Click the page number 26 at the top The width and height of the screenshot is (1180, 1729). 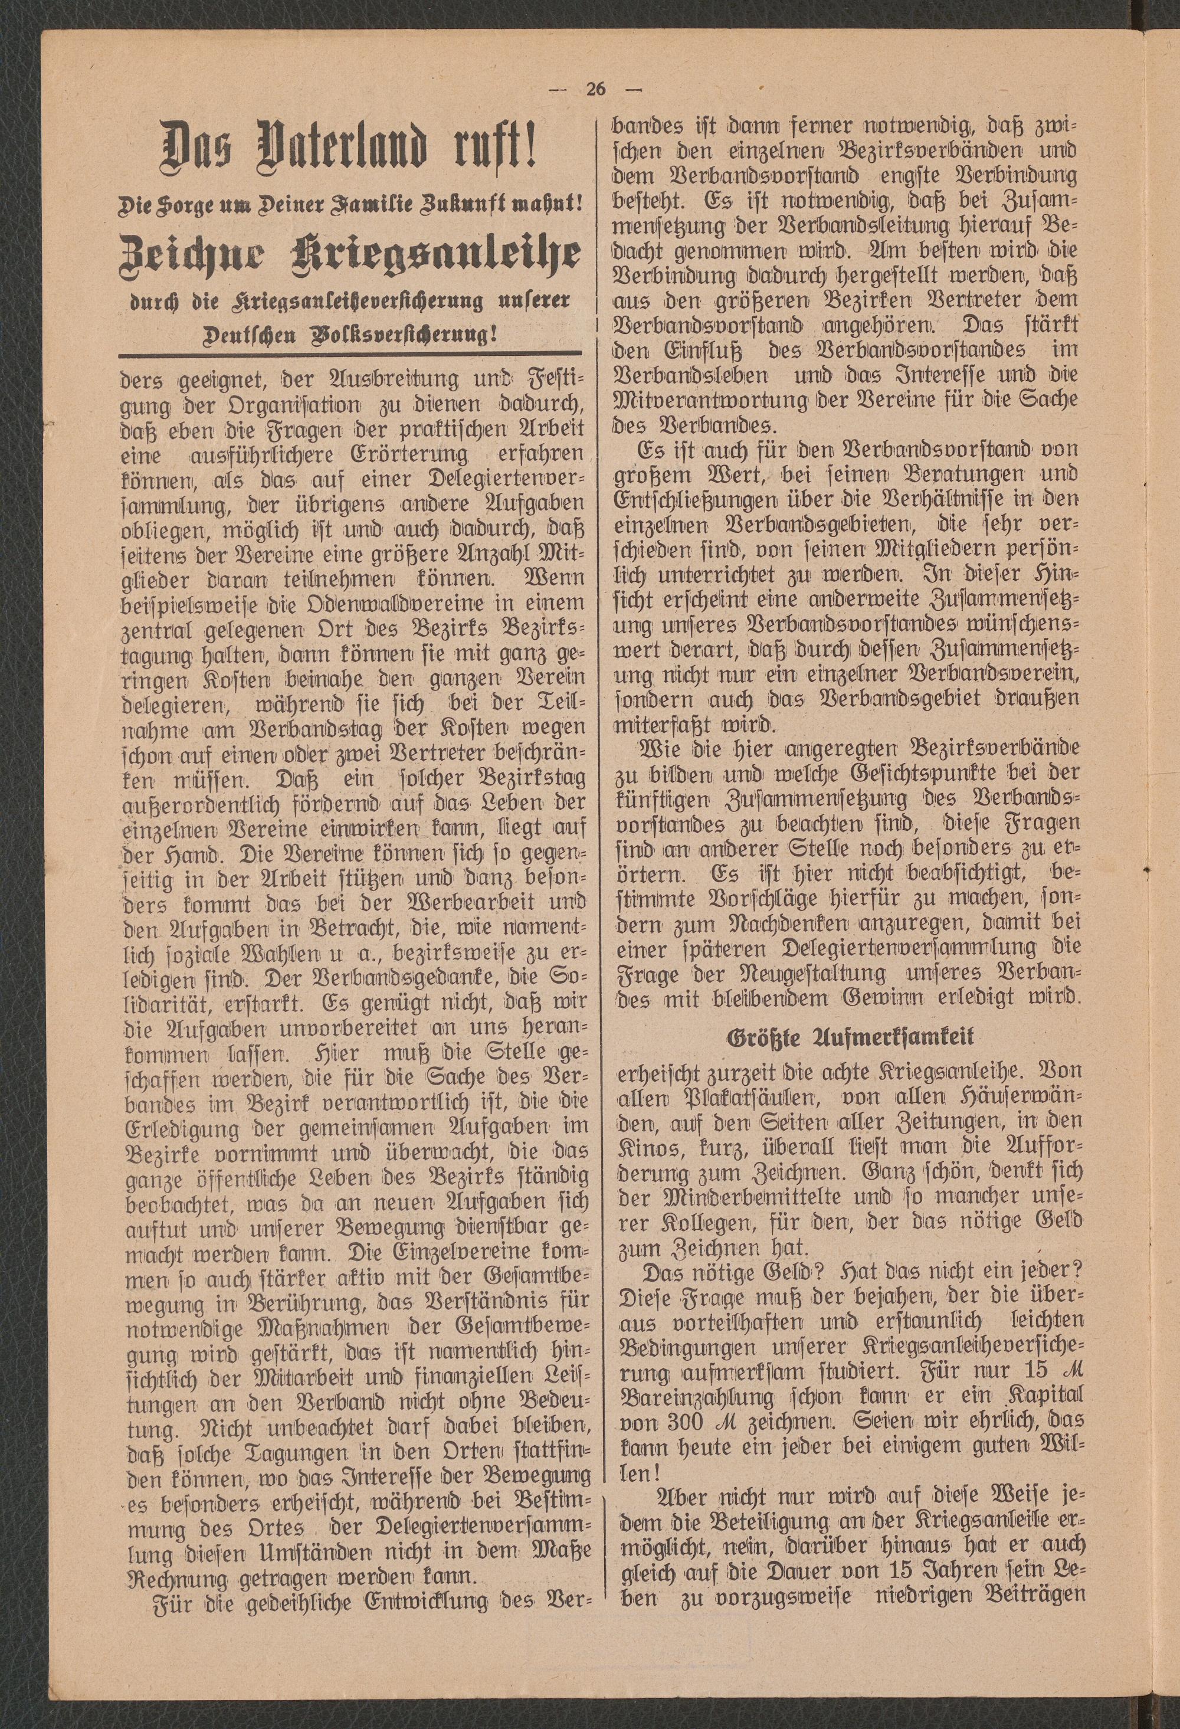pyautogui.click(x=595, y=89)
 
